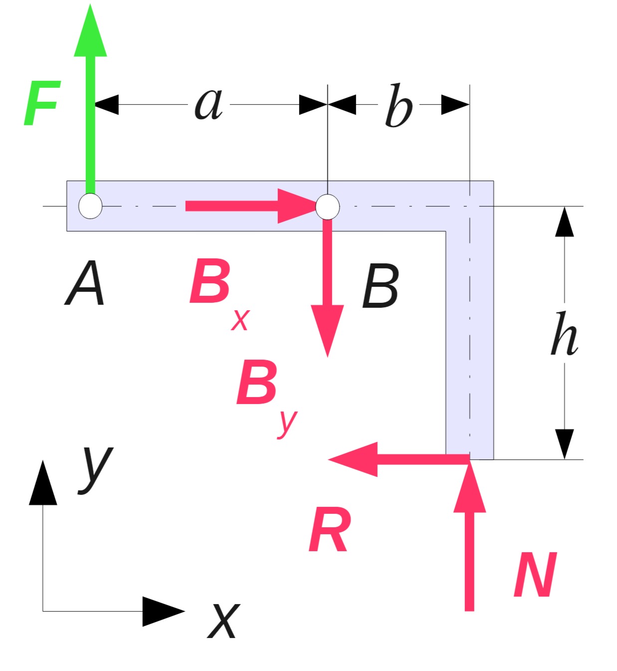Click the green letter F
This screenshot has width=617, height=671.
coord(42,103)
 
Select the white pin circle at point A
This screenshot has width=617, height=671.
coord(90,206)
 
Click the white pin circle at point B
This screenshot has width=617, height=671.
coord(327,207)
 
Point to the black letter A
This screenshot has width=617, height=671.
coord(85,284)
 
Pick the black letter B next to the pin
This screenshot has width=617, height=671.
coord(381,286)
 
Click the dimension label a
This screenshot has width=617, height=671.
coord(208,104)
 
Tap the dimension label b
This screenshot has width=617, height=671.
coord(399,105)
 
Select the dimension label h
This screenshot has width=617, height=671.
coord(564,334)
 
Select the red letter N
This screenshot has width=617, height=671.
coord(535,575)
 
